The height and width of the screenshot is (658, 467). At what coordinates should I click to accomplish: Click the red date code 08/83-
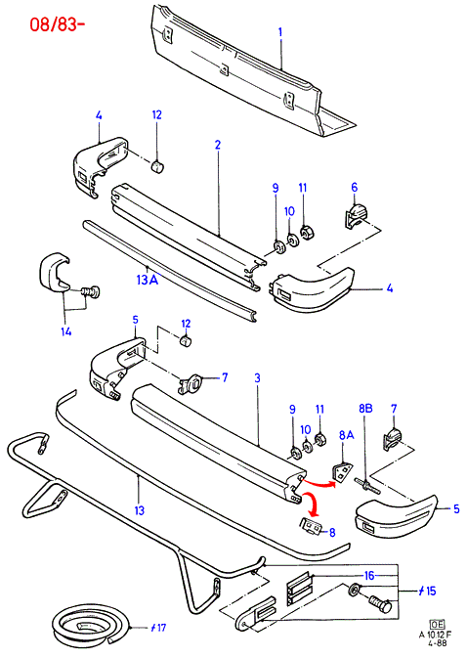coord(58,24)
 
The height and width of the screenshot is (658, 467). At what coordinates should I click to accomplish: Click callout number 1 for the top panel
coord(280,32)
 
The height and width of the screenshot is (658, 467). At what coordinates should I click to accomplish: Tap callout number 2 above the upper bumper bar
coord(217,145)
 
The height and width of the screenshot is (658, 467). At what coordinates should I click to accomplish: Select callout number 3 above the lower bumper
coord(257,377)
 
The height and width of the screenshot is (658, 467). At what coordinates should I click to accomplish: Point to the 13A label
coord(148,279)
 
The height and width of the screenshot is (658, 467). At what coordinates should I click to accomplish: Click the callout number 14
coord(65,331)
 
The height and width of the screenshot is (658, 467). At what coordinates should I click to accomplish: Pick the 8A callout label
coord(347,435)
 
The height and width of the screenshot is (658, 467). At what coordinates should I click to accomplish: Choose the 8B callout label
coord(365,408)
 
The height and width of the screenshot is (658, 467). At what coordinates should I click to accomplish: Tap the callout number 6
coord(355,187)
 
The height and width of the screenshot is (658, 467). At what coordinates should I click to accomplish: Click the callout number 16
coord(369,575)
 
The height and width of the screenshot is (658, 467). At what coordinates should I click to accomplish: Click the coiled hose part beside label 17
coord(90,626)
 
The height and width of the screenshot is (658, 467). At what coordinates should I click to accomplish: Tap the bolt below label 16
coord(380,604)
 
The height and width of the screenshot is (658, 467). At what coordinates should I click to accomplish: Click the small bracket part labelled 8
coord(312,526)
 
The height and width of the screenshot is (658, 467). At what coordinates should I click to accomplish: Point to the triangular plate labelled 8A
coord(342,472)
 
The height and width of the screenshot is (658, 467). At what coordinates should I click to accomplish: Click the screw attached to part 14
coord(90,291)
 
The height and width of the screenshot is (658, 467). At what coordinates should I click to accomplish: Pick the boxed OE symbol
coord(437,625)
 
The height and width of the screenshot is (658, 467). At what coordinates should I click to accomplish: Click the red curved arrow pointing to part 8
coord(312,503)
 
